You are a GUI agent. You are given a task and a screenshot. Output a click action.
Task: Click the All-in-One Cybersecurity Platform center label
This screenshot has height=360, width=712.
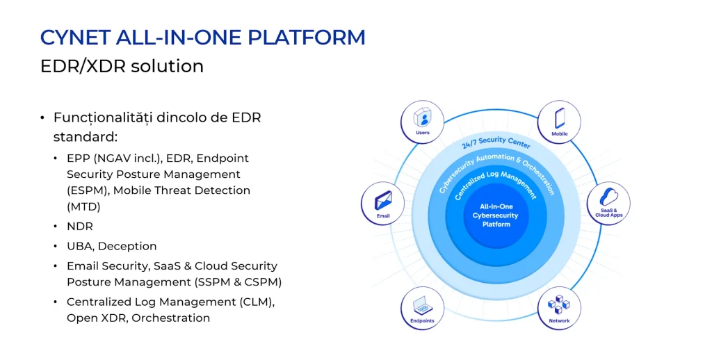[x=495, y=215]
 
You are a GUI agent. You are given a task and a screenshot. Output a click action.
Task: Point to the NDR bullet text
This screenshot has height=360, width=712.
[x=79, y=227]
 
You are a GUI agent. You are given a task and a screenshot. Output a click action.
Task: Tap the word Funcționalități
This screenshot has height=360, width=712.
[x=104, y=117]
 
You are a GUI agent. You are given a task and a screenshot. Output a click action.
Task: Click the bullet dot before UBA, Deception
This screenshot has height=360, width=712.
[x=56, y=247]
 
